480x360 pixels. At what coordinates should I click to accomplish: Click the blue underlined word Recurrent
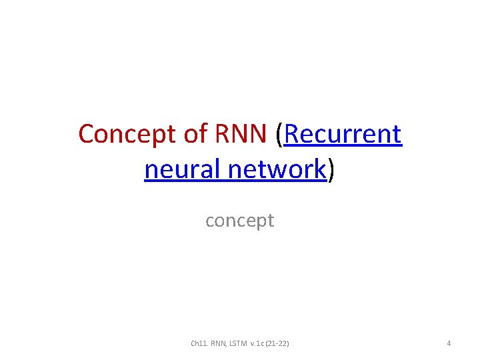343,134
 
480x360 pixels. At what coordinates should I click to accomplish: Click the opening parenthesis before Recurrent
279,135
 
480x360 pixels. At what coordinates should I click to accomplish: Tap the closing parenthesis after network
331,171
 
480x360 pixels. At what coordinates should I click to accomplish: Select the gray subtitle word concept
240,220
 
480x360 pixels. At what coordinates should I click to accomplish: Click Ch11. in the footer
199,344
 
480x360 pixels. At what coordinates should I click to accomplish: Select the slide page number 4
449,344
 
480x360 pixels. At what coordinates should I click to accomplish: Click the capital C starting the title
87,134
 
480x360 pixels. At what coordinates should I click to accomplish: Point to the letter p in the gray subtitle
255,221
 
